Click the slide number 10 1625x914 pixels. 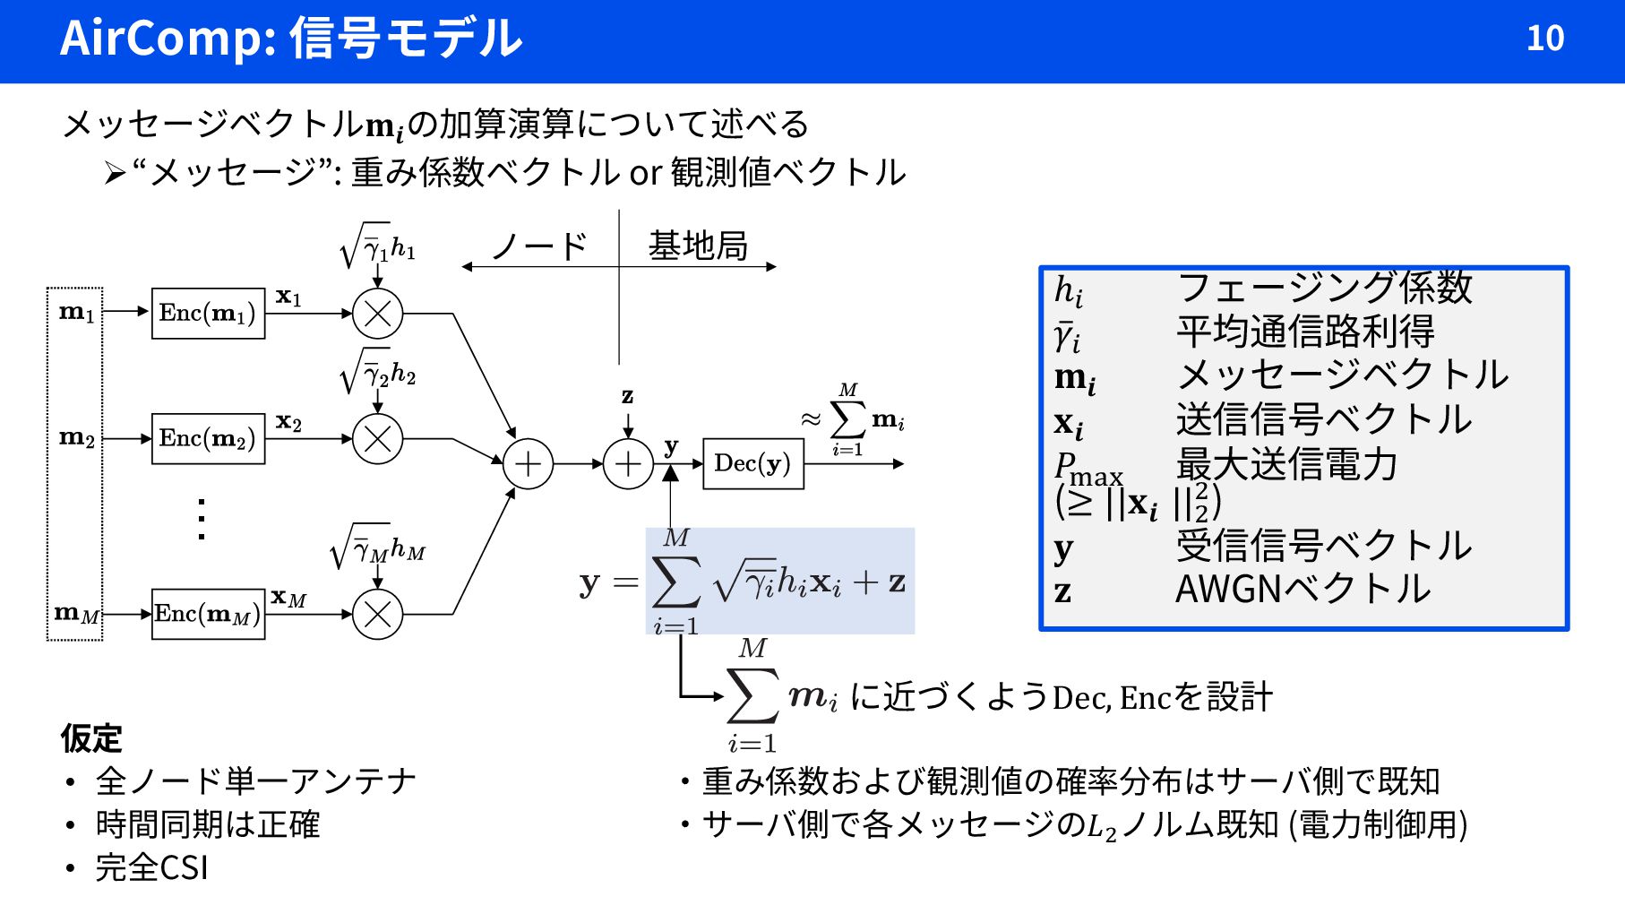(1544, 39)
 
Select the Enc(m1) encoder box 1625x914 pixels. (208, 314)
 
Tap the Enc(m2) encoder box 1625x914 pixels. (208, 439)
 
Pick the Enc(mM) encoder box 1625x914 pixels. (208, 614)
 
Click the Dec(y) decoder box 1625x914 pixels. (752, 464)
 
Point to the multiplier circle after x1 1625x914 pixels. (377, 314)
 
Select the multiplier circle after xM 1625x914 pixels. (377, 615)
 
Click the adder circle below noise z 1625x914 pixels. (628, 464)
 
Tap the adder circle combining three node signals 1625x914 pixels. (528, 464)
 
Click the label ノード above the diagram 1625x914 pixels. (539, 246)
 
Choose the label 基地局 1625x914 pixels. (698, 246)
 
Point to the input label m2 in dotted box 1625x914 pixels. (76, 438)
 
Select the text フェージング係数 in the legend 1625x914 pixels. (1324, 288)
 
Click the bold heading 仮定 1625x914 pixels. (90, 738)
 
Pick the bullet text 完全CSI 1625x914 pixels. (151, 867)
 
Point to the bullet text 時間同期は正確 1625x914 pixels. (207, 824)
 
